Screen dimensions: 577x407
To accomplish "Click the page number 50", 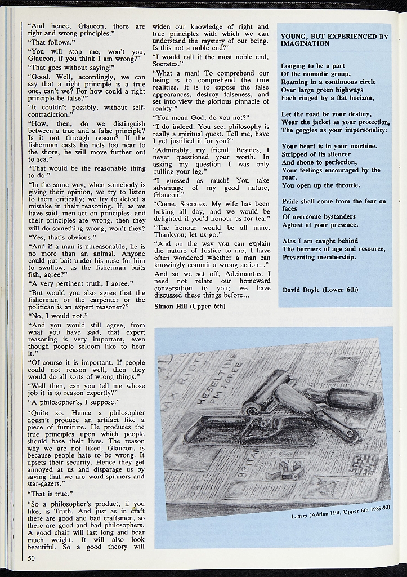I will tap(32, 558).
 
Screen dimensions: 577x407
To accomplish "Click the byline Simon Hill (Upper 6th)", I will tap(189, 307).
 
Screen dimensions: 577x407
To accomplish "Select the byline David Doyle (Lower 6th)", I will tap(320, 290).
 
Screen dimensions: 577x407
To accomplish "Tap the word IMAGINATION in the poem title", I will tap(305, 44).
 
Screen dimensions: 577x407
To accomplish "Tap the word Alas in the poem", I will tap(289, 241).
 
